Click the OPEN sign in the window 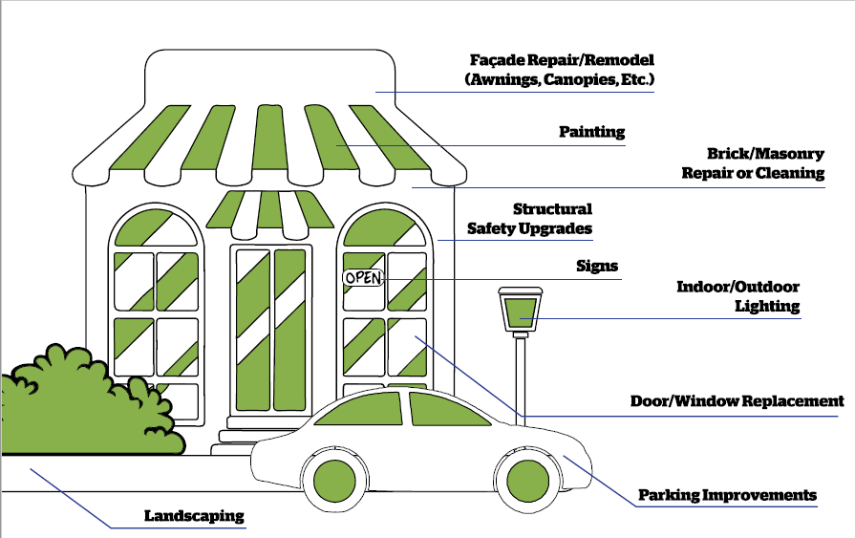click(x=363, y=278)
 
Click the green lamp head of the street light click(x=521, y=312)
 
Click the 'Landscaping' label click(x=194, y=516)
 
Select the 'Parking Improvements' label click(x=727, y=495)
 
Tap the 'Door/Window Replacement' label click(x=737, y=401)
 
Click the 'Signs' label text click(x=597, y=266)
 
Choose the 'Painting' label click(x=591, y=132)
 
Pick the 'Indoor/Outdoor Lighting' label click(x=737, y=296)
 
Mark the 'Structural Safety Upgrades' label click(x=529, y=219)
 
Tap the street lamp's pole click(x=521, y=382)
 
